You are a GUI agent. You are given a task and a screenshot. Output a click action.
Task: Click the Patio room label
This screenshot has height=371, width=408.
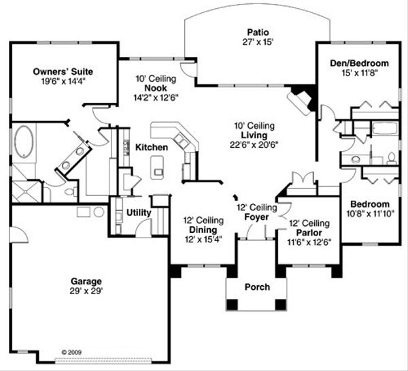click(x=256, y=31)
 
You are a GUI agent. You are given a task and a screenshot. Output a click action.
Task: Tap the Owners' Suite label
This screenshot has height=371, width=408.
click(x=63, y=71)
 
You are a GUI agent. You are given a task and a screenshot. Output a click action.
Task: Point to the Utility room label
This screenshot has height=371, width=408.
click(x=139, y=212)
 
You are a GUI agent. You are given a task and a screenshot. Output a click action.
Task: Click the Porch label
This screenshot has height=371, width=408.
click(x=256, y=287)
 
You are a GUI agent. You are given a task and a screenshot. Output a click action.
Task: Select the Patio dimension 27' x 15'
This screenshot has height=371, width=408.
click(x=256, y=41)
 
